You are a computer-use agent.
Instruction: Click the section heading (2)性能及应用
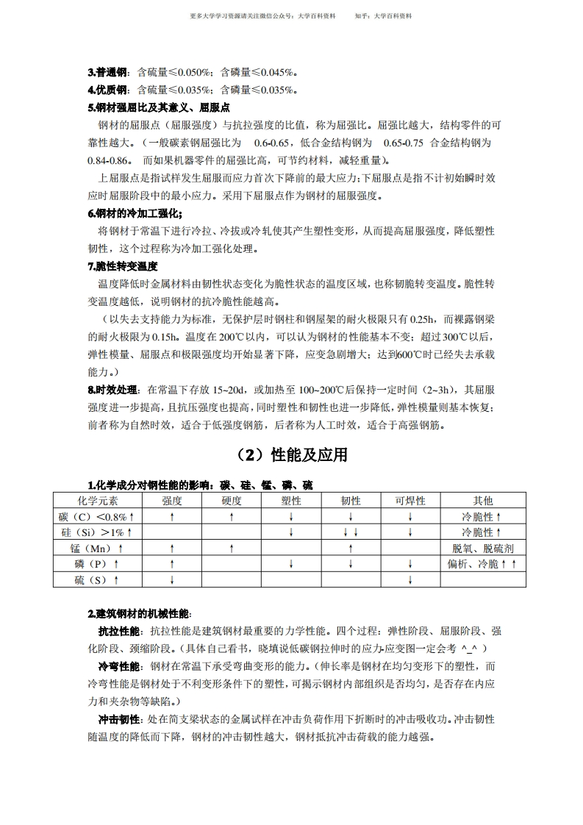click(290, 455)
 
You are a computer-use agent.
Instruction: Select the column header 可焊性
click(410, 501)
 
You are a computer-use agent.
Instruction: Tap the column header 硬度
click(232, 501)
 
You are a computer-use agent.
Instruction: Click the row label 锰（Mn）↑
click(97, 548)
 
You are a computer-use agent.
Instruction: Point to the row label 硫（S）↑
click(97, 579)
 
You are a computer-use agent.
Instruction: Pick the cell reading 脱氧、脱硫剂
click(483, 548)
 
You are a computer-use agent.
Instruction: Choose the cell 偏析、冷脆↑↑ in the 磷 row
click(483, 564)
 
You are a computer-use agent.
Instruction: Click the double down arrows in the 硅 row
click(351, 532)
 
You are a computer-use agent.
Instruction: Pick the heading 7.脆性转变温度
click(123, 266)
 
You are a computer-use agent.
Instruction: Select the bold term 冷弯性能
click(120, 666)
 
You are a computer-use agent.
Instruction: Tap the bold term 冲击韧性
click(120, 719)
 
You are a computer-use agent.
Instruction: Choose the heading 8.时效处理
click(113, 390)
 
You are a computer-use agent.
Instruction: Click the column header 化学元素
click(97, 501)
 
